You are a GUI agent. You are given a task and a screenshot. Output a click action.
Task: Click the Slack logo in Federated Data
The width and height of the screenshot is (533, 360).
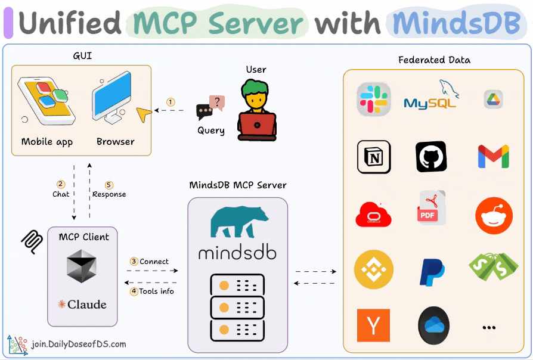tap(373, 100)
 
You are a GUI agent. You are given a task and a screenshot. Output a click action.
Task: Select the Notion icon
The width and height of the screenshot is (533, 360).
tap(373, 157)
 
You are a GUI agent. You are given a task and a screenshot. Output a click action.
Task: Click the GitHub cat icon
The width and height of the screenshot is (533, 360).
tap(431, 157)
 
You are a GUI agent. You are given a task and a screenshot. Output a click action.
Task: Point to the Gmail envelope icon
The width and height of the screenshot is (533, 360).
tap(493, 157)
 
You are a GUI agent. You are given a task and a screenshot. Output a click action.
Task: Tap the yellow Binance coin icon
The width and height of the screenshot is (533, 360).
tap(373, 269)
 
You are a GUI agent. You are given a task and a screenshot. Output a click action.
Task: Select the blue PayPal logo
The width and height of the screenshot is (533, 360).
tap(432, 272)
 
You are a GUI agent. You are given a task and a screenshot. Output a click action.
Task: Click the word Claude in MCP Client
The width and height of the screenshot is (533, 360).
tap(87, 305)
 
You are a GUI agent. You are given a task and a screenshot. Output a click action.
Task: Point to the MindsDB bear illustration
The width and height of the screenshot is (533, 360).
tap(237, 224)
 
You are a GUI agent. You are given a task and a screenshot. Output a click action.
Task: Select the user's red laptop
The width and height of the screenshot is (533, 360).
tap(256, 126)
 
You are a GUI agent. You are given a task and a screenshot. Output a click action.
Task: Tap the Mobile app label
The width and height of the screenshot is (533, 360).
tap(47, 142)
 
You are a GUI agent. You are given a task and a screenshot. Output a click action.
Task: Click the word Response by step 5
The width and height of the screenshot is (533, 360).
tap(109, 194)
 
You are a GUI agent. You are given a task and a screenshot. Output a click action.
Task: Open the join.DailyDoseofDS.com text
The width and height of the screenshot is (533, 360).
tap(79, 344)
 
